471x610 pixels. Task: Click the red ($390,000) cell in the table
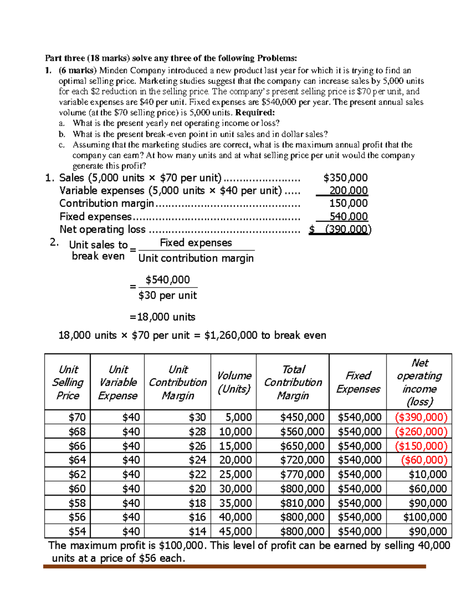(x=421, y=417)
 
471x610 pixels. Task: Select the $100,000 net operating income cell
(x=425, y=517)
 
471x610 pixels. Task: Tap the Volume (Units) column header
(x=234, y=382)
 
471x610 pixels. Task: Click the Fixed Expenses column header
(x=358, y=382)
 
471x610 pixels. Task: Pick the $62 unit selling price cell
(x=77, y=474)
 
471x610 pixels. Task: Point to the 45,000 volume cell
(x=235, y=531)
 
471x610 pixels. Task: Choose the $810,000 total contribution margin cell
(x=302, y=503)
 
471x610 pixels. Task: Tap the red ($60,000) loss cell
(x=424, y=460)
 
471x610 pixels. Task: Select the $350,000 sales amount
(x=345, y=178)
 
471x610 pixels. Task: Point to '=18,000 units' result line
(x=162, y=317)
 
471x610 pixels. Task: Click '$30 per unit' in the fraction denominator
(x=168, y=295)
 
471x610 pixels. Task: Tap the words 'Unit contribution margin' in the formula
(x=196, y=258)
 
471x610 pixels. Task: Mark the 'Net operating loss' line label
(x=102, y=229)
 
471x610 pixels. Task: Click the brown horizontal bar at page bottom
(x=234, y=566)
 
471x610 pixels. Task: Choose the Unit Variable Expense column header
(x=118, y=382)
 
